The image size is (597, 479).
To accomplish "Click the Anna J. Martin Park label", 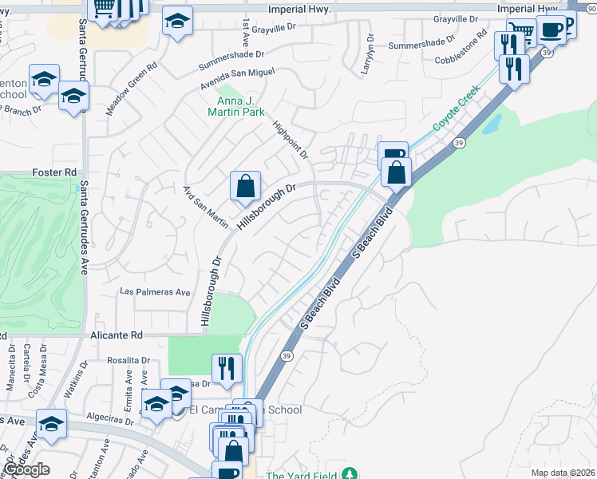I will click(240, 107).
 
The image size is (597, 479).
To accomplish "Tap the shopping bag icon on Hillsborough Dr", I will click(246, 187).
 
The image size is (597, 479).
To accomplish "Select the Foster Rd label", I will click(54, 172).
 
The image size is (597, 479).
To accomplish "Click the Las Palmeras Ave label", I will click(155, 292).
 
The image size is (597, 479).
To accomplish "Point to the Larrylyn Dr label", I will click(368, 54).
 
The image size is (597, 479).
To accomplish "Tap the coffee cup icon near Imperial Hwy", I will click(551, 30).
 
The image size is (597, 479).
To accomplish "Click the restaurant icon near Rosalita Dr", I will click(227, 368).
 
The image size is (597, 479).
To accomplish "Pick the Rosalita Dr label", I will click(128, 360).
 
